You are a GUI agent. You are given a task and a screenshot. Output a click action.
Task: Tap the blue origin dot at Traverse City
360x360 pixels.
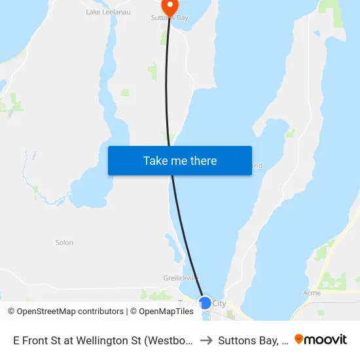(205, 303)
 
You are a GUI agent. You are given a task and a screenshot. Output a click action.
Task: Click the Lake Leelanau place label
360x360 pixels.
(101, 12)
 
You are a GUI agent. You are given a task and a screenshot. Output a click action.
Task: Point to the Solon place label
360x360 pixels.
(64, 243)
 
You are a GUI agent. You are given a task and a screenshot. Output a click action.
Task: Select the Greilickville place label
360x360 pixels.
(181, 278)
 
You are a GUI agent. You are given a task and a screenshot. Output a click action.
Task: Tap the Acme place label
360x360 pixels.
(312, 293)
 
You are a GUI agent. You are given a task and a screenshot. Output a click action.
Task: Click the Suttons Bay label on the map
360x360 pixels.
(170, 18)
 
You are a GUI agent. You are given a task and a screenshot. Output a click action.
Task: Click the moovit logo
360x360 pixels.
(321, 339)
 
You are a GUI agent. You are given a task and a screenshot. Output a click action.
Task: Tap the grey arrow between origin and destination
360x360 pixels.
(206, 340)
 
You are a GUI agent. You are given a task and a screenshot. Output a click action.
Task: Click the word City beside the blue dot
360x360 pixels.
(219, 304)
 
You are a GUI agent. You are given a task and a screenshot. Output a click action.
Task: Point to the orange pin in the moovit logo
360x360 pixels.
(299, 339)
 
